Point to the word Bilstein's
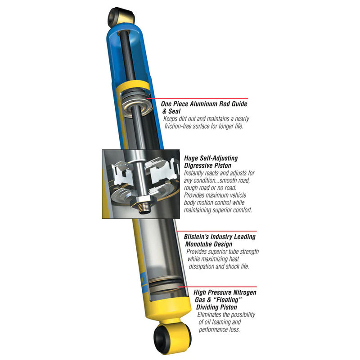pos(199,236)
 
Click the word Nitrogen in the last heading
pos(241,292)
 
